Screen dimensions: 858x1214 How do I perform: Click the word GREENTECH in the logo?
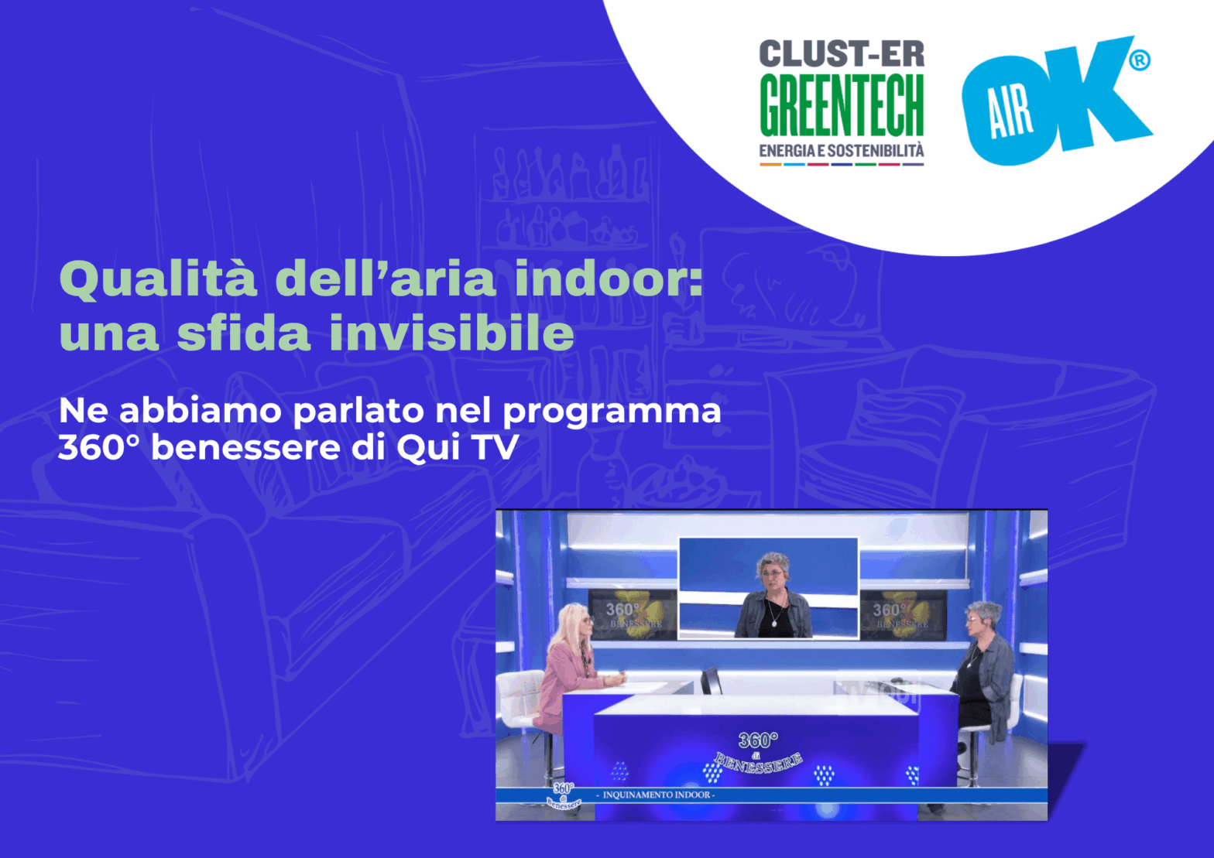(x=842, y=105)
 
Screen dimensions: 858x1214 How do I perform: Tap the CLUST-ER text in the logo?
(x=842, y=54)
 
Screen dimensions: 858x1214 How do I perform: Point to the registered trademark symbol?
(x=1139, y=60)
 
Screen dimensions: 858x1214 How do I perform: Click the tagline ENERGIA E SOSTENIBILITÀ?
(x=842, y=151)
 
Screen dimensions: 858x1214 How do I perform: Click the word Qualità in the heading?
(x=158, y=279)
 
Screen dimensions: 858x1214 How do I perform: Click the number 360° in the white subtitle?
(x=98, y=447)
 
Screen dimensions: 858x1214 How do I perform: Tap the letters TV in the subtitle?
(x=496, y=447)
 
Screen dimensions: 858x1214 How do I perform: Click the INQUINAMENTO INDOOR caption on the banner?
(x=657, y=795)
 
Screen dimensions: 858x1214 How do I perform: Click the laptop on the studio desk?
(x=711, y=681)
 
